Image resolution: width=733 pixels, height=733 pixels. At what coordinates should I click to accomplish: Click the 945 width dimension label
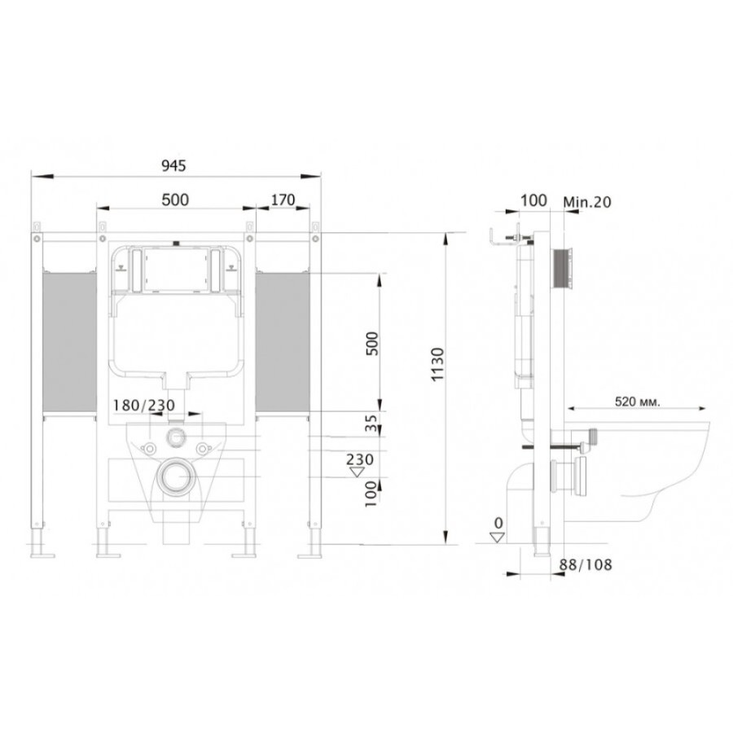click(x=173, y=165)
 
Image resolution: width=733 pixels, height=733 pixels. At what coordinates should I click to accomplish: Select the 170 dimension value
click(x=283, y=200)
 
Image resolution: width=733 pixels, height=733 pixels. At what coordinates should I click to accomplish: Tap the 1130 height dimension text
click(x=437, y=364)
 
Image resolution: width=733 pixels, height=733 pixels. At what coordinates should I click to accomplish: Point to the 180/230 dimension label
click(x=143, y=405)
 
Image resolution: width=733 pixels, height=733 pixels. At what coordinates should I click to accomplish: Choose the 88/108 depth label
click(x=586, y=564)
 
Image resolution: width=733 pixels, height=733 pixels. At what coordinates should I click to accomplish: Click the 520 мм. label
click(x=638, y=402)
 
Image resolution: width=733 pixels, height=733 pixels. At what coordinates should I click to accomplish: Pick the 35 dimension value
click(x=371, y=423)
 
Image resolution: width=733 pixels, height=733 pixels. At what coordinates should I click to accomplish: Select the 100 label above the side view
click(x=533, y=200)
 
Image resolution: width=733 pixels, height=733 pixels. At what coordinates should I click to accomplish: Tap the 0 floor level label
click(x=498, y=522)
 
